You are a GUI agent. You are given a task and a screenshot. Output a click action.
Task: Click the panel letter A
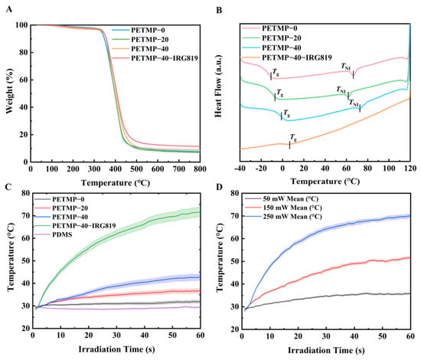tap(9, 9)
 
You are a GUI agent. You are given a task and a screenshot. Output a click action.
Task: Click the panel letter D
tap(220, 187)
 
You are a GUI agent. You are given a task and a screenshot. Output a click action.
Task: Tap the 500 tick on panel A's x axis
tap(136, 169)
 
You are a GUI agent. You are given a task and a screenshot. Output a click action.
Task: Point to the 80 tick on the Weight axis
tap(23, 52)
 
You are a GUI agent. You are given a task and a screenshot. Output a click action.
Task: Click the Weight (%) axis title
tap(9, 91)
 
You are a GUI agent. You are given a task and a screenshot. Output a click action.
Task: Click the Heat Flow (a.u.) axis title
tap(218, 86)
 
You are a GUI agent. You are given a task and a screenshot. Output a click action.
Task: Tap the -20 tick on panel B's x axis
tap(260, 169)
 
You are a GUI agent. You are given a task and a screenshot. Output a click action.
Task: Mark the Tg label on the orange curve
tap(293, 138)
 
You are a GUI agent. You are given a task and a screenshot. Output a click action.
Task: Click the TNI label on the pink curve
tap(346, 66)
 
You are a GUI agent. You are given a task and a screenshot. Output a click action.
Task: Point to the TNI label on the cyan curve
tap(354, 103)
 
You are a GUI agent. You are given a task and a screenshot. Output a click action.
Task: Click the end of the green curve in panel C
tap(200, 212)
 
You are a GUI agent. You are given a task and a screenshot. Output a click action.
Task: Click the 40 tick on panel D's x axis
tap(354, 336)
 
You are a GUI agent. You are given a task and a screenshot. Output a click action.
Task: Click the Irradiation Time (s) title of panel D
tap(326, 350)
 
